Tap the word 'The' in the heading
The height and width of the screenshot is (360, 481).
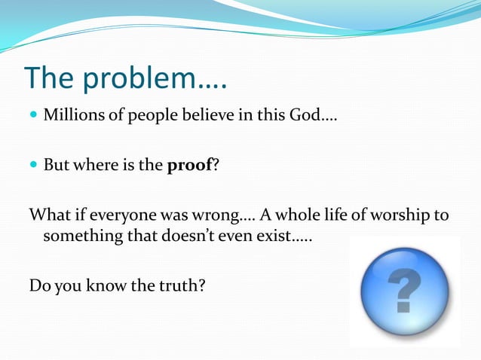[51, 78]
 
